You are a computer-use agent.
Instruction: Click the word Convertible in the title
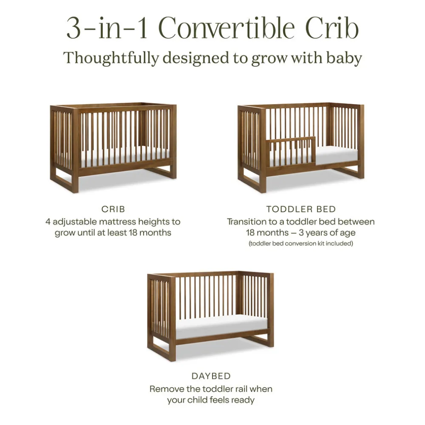tap(227, 28)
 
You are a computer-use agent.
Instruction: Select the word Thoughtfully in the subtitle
tap(111, 58)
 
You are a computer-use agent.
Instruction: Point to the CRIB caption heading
tap(113, 209)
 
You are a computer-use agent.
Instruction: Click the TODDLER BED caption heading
tap(301, 209)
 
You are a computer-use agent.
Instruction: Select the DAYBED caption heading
tap(211, 376)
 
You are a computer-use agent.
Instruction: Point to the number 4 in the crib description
tap(48, 222)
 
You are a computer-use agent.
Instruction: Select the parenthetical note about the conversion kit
tap(301, 244)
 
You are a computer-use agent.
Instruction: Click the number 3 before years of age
tap(301, 233)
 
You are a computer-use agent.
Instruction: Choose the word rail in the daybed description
tap(241, 389)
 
